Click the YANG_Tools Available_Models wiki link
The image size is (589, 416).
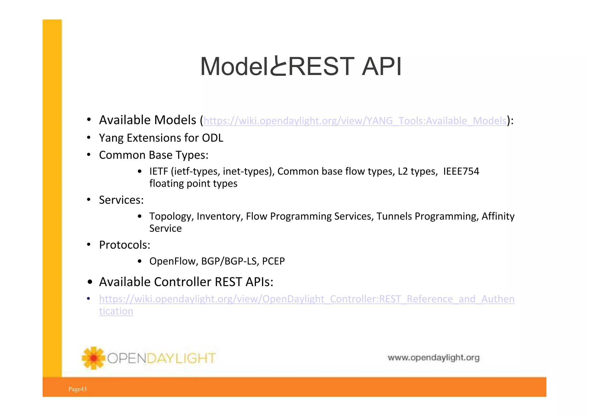click(x=355, y=121)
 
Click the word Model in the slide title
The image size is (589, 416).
click(x=234, y=67)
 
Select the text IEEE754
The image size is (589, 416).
click(x=461, y=171)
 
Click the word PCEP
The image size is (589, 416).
click(x=273, y=261)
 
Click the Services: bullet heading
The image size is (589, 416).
click(x=121, y=200)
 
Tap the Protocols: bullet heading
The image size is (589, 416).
click(x=125, y=245)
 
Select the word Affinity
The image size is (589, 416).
click(x=498, y=216)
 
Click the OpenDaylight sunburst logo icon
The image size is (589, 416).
click(x=93, y=358)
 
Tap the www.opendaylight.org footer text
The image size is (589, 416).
click(x=433, y=358)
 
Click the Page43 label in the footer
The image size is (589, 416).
click(x=77, y=389)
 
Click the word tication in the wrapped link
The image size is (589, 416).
click(x=116, y=311)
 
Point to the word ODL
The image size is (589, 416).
click(x=212, y=138)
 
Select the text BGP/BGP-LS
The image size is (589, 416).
click(x=230, y=261)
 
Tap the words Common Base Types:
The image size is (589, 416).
click(x=154, y=155)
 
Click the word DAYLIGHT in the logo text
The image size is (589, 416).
click(x=181, y=359)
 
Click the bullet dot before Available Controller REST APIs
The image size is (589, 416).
click(x=90, y=282)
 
